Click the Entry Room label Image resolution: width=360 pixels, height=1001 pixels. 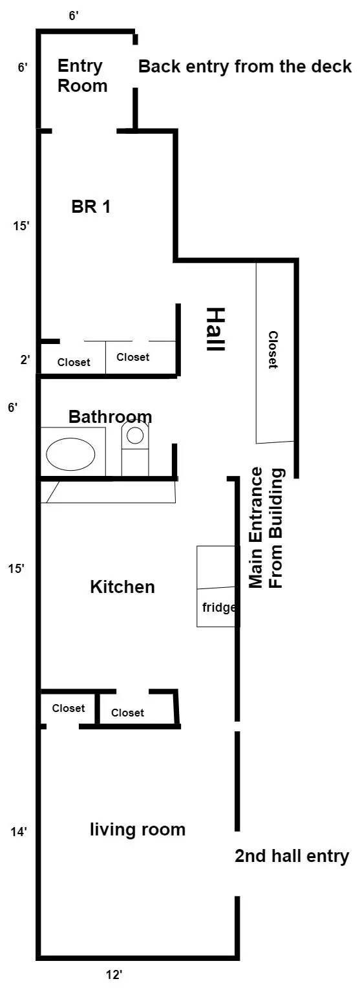click(82, 76)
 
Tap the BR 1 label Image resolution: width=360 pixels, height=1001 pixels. click(90, 207)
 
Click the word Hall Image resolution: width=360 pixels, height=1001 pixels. click(215, 329)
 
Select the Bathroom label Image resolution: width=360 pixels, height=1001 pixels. click(111, 416)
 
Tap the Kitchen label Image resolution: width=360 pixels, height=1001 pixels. click(122, 587)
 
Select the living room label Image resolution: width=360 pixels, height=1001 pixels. click(138, 830)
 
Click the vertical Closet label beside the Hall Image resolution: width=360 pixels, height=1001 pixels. click(273, 350)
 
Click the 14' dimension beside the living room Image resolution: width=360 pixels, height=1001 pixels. click(18, 833)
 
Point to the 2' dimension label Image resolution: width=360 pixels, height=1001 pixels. click(25, 359)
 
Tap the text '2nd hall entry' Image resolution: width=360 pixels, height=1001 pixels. click(291, 856)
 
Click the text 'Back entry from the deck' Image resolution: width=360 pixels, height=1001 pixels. click(245, 66)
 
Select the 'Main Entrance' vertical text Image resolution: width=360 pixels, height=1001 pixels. click(256, 528)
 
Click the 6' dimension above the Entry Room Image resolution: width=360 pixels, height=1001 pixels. click(74, 16)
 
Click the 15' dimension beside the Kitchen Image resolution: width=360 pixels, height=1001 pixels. click(17, 569)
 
